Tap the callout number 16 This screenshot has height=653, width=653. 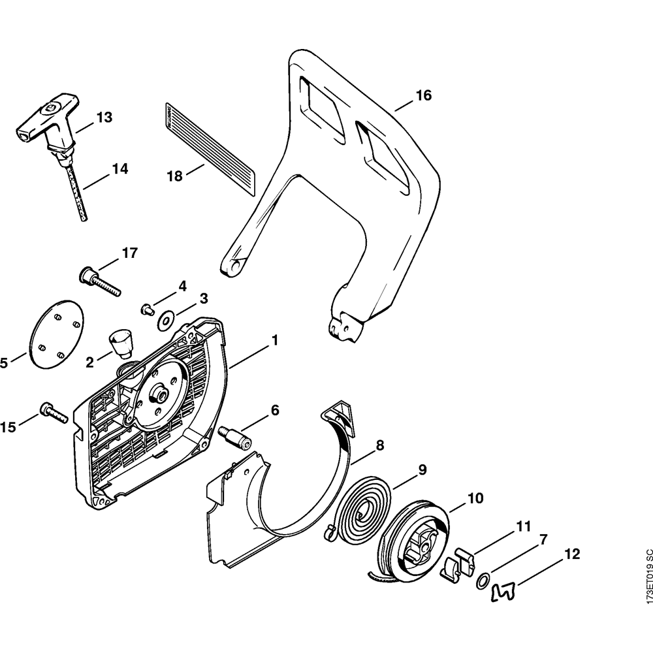pos(423,96)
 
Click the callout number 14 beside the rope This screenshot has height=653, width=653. pos(119,169)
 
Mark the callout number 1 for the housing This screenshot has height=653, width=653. pos(275,340)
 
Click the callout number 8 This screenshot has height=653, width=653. pos(379,446)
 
